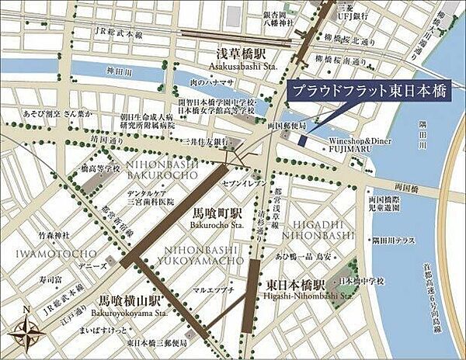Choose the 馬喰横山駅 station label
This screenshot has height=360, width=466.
(130, 299)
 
